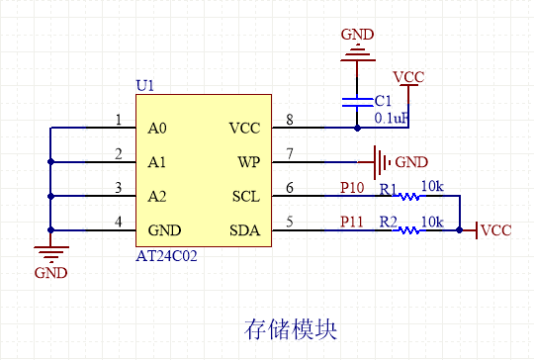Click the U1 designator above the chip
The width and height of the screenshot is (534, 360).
coord(144,86)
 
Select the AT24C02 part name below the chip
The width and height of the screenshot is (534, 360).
coord(169,255)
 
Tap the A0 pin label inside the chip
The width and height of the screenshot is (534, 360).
coord(157,129)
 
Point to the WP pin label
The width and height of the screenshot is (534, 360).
coord(249,161)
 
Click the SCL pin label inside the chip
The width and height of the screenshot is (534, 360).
coord(245,195)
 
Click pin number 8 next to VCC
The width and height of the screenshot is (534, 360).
coord(290,121)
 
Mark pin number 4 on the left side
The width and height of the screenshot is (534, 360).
coord(119,222)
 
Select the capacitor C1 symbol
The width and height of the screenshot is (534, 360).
coord(356,102)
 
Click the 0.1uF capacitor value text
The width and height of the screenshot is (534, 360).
coord(392,118)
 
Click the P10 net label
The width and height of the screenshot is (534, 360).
coord(352,187)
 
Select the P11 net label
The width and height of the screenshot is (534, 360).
coord(352,221)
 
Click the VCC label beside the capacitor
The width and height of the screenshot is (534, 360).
coord(409,76)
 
